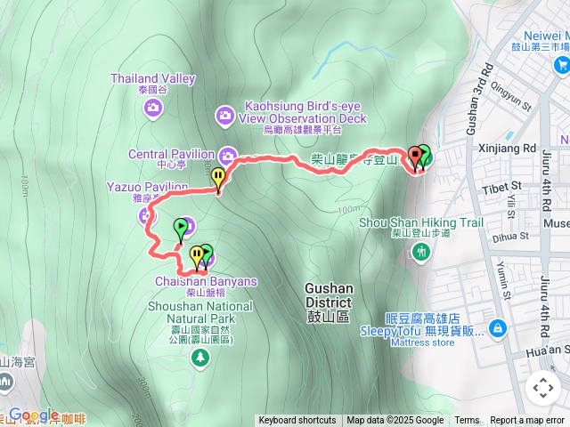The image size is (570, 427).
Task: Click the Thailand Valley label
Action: click(x=152, y=78)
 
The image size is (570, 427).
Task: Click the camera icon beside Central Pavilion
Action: click(x=227, y=152)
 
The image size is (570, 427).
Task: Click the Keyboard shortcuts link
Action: click(x=297, y=421)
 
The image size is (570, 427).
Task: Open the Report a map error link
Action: click(x=527, y=421)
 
